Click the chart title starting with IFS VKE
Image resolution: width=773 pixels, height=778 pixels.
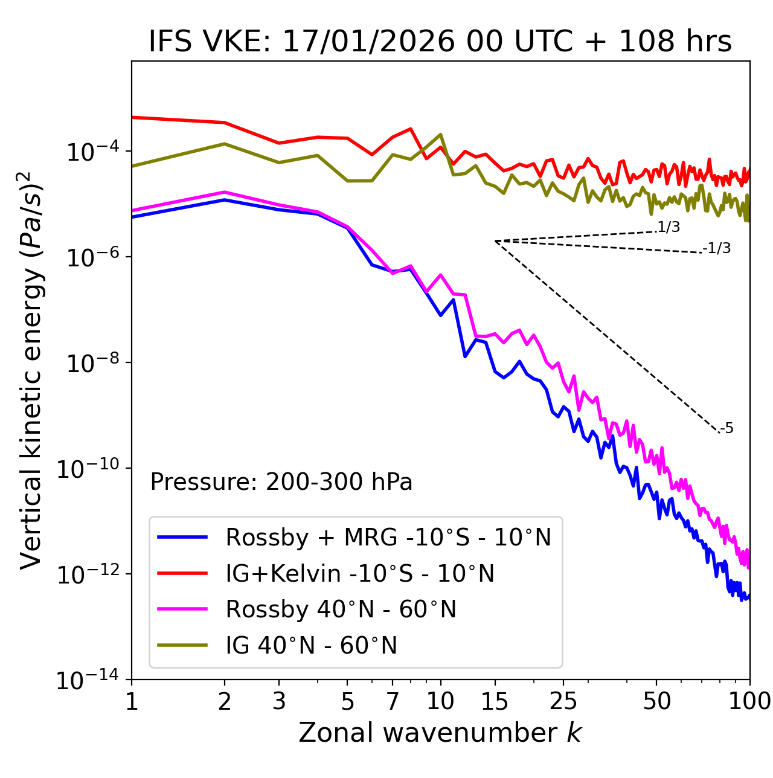440,42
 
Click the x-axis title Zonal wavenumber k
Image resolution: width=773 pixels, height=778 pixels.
440,733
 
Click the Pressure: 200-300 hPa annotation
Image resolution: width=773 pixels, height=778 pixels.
281,482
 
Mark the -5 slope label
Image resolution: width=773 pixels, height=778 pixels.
726,429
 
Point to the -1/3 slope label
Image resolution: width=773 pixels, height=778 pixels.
717,248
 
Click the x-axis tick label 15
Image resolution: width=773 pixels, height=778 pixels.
495,701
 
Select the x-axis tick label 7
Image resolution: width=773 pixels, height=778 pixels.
393,701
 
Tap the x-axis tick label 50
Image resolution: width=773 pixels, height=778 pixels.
657,701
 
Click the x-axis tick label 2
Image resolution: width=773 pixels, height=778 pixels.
225,701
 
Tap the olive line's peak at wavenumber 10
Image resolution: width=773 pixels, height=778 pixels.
441,134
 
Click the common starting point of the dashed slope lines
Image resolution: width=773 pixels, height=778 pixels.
495,241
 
